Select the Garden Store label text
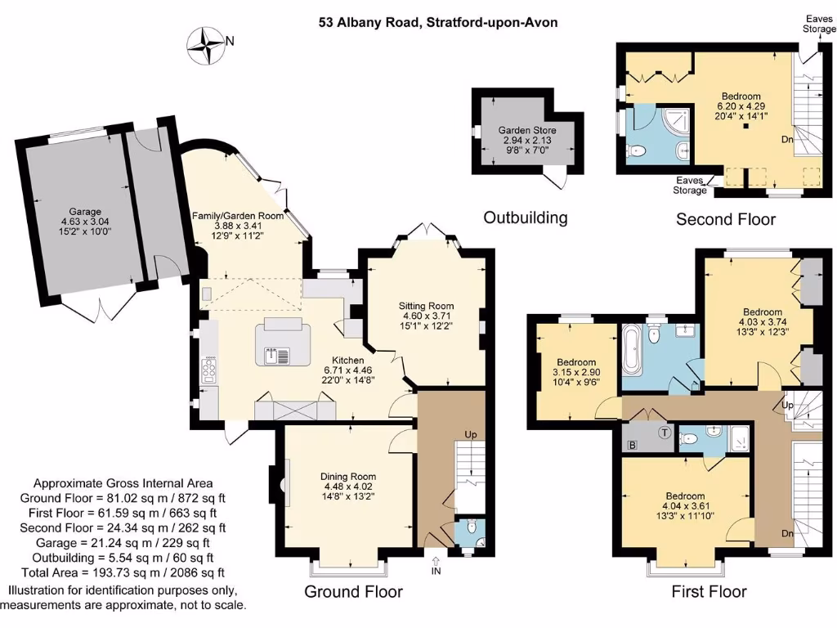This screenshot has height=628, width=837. point(527,130)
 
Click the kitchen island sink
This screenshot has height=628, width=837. point(271,356)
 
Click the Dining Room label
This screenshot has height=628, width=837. point(348,477)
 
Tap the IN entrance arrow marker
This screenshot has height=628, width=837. point(435,562)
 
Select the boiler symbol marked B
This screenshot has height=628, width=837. point(632,445)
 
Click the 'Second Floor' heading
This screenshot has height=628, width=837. point(726,219)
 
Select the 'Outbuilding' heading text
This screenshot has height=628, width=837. point(525,218)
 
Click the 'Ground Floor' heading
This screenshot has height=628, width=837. point(354,591)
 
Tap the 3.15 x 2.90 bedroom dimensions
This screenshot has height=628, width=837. point(576,374)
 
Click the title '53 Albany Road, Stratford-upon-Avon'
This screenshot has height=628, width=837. point(438,22)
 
